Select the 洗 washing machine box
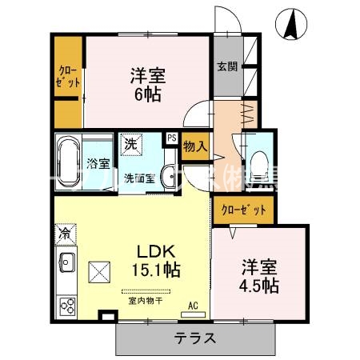click(x=130, y=146)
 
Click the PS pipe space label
click(x=171, y=138)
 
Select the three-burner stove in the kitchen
click(x=65, y=305)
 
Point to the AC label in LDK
click(x=193, y=306)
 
